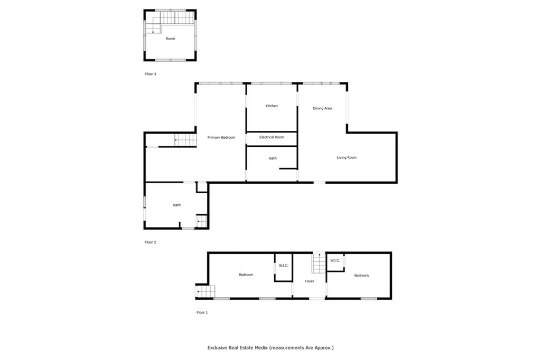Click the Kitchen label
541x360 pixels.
point(272,106)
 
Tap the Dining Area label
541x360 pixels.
point(322,108)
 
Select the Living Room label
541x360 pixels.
point(347,158)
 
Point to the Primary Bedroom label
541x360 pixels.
point(221,138)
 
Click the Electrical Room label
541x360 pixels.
point(272,137)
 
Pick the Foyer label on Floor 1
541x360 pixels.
point(310,281)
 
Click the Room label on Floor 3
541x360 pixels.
point(171,39)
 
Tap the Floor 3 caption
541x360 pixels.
point(151,74)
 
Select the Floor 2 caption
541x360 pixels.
point(151,242)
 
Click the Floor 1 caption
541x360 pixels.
point(202,312)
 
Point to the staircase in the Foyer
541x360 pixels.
point(319,263)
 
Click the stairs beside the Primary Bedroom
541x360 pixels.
point(185,140)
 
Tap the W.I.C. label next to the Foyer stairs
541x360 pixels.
point(334,260)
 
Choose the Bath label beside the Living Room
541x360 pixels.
point(273,158)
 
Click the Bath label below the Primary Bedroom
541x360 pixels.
point(176,205)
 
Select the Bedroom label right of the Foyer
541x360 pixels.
point(361,276)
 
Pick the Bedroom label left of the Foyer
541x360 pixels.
point(246,275)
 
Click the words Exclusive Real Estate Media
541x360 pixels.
point(237,347)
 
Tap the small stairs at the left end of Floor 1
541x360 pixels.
point(206,291)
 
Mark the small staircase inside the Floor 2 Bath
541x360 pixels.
point(201,221)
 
